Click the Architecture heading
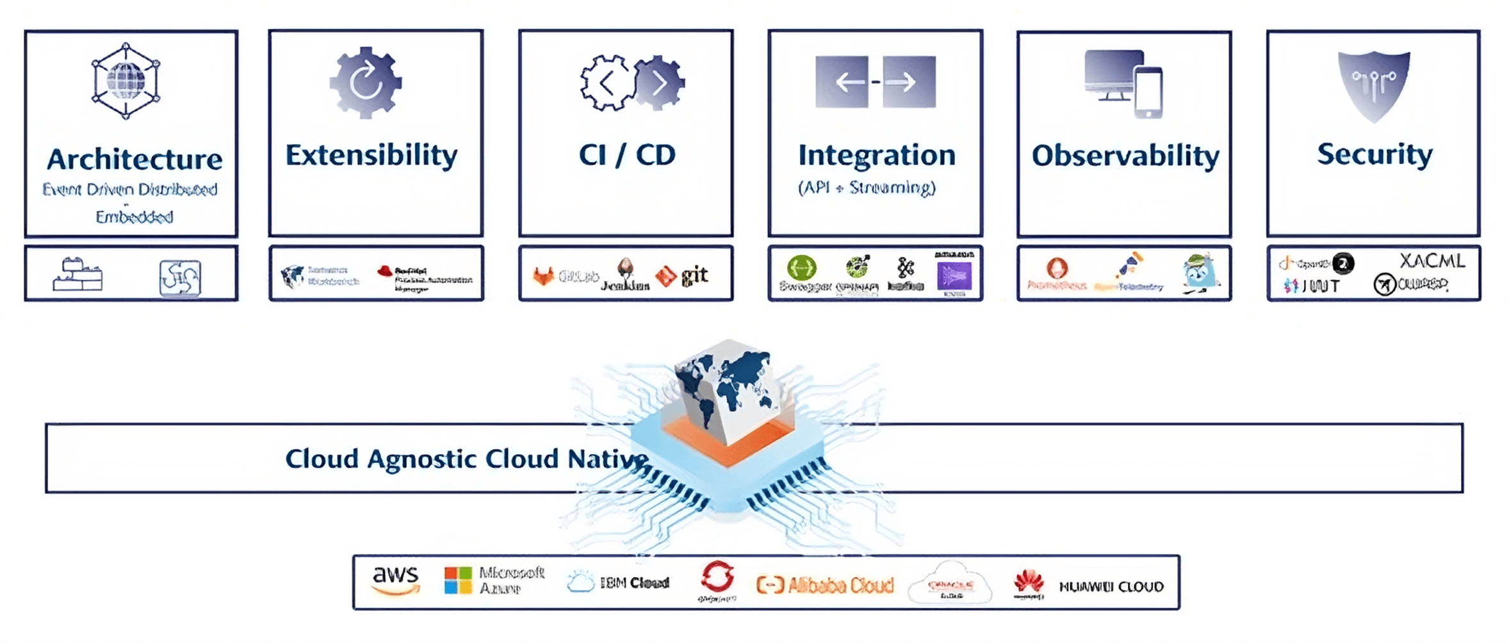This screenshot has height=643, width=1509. coord(135,159)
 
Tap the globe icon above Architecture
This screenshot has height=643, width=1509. coord(126,81)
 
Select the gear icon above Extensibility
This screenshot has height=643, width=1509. coord(366,83)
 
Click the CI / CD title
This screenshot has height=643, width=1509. coord(627,156)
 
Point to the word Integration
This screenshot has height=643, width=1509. coord(876,156)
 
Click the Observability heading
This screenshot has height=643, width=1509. coord(1125,156)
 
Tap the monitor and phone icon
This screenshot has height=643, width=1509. coord(1124,83)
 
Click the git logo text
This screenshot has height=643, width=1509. coord(695,275)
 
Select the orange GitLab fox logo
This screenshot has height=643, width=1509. coord(544,276)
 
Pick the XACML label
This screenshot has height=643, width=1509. coord(1432,261)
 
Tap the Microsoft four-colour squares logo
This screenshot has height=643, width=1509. coord(458,580)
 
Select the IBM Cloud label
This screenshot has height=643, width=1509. coord(634,583)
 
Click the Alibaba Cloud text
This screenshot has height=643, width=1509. coord(840,585)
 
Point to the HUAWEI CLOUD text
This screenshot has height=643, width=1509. coord(1111,587)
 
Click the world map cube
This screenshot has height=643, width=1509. coord(728,391)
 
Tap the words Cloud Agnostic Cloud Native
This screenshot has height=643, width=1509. coord(466,459)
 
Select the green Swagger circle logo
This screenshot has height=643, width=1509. coord(802,267)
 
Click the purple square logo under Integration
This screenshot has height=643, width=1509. coord(954,277)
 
